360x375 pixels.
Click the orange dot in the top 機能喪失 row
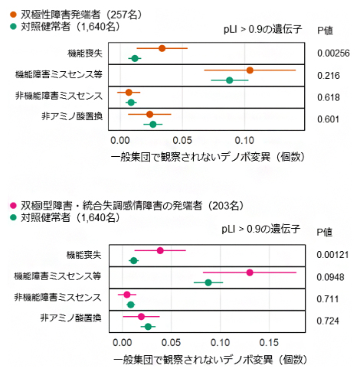(162, 49)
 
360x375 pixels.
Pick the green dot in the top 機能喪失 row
(135, 59)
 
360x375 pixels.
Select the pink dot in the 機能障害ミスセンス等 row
(250, 272)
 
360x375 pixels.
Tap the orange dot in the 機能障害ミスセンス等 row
(250, 70)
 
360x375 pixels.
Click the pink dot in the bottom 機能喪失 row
(160, 250)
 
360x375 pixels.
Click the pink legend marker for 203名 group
(6, 205)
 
